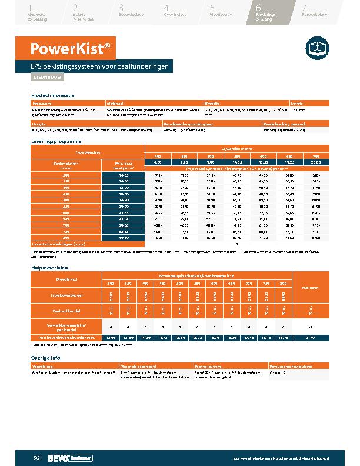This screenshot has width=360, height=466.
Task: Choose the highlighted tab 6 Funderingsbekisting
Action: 266,12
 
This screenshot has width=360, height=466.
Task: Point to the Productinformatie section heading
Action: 53,95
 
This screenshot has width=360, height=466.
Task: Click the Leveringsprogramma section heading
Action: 56,142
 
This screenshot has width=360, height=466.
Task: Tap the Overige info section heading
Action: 47,357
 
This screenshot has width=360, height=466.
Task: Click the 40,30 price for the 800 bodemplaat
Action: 124,238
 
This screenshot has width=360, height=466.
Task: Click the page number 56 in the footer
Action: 36,457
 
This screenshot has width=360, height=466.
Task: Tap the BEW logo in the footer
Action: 59,457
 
